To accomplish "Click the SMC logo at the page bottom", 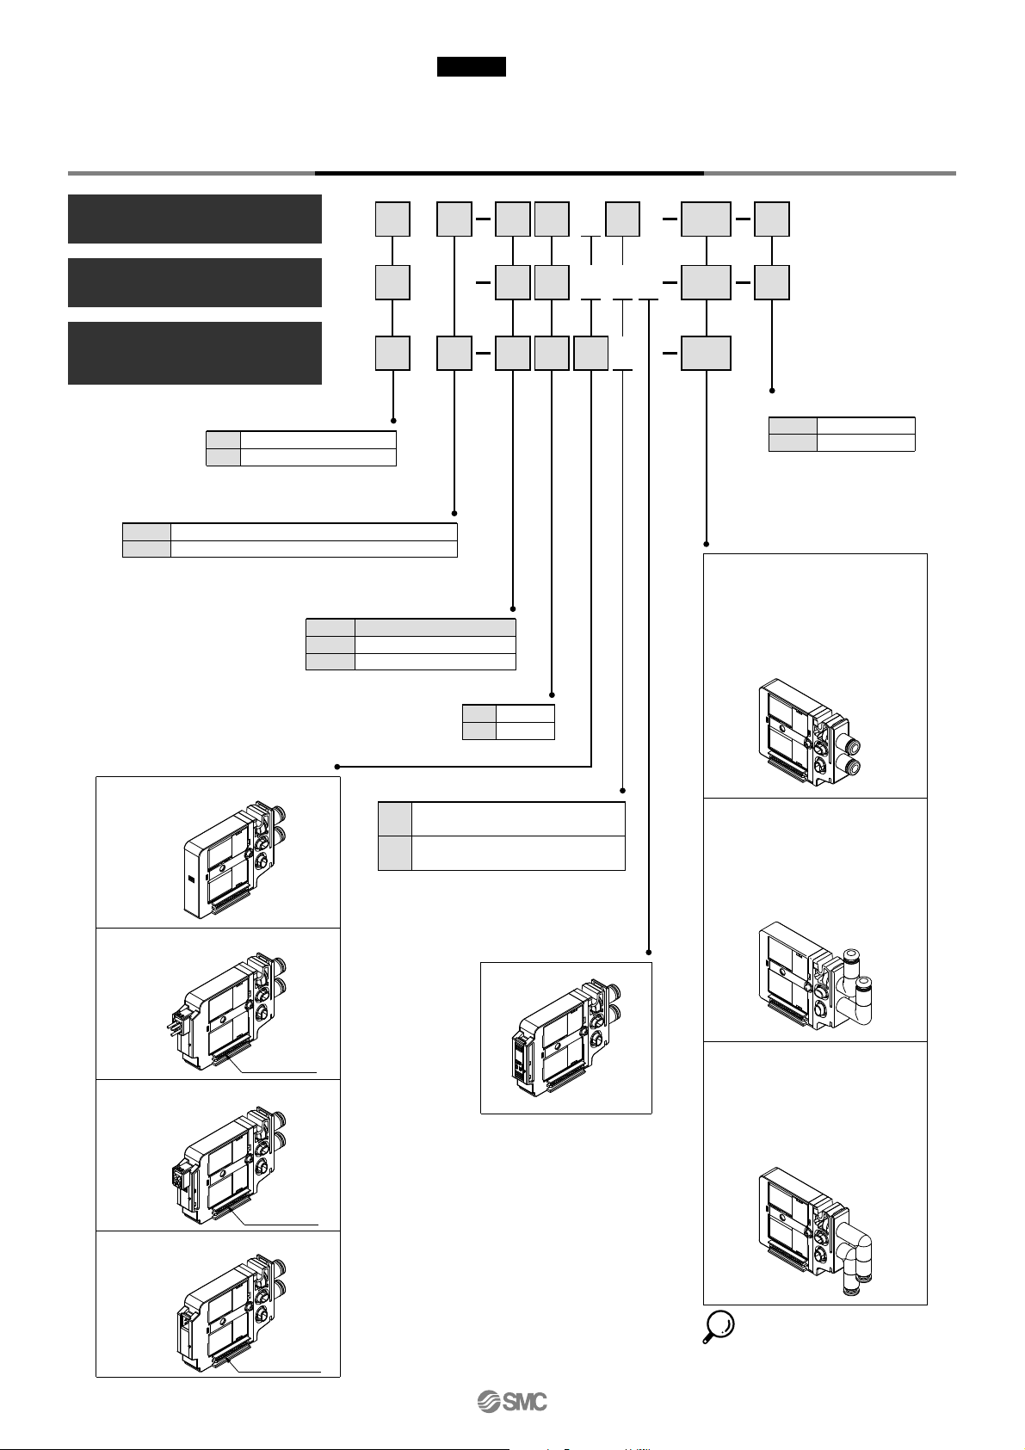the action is click(512, 1402).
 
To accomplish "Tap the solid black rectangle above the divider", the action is click(472, 66).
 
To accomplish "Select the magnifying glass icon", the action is click(719, 1326).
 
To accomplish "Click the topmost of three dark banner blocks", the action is click(195, 219).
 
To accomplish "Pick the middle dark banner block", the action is click(195, 282).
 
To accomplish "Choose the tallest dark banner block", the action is click(195, 353).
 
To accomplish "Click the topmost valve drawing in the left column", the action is click(235, 859).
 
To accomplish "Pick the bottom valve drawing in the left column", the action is click(232, 1316).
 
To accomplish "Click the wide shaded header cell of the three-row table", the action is click(435, 627).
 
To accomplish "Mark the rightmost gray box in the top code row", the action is click(772, 219).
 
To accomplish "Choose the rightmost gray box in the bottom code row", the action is click(706, 353).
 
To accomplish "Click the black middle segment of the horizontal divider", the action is click(509, 174).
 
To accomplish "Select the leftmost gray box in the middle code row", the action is click(392, 282).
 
